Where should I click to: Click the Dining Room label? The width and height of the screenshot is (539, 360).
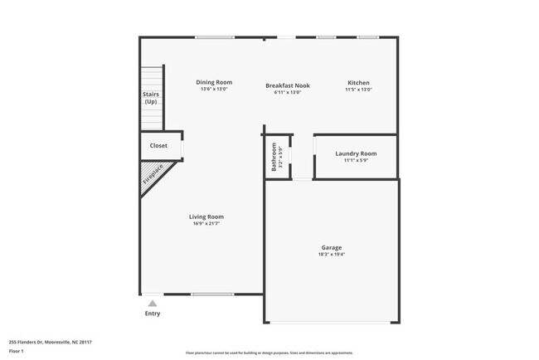214,82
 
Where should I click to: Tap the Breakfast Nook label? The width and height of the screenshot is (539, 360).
287,85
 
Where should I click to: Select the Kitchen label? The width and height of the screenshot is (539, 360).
358,83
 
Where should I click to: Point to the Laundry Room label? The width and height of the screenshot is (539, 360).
356,153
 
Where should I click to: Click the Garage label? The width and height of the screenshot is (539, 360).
332,247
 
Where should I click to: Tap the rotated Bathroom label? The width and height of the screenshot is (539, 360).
274,156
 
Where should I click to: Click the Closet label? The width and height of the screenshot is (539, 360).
158,146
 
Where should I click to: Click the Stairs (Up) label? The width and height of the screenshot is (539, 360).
150,98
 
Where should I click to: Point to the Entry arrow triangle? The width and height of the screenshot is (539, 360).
152,304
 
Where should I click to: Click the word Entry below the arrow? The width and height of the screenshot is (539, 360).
153,314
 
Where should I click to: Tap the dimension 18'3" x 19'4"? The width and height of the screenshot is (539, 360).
332,255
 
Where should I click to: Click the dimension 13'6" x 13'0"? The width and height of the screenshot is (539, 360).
214,90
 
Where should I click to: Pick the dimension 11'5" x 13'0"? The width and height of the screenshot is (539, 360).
358,90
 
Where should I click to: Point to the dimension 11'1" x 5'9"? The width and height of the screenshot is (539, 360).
356,160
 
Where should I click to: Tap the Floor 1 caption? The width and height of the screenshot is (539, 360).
17,351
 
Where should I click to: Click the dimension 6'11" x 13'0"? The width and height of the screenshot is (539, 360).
287,92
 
